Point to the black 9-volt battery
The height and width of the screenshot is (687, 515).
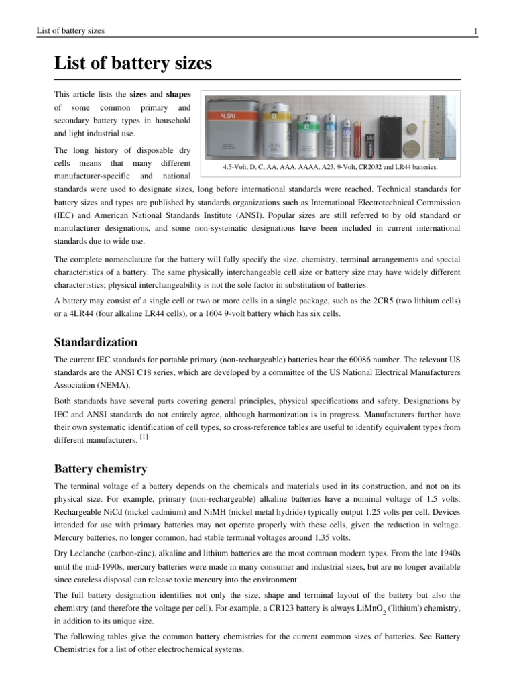point(390,135)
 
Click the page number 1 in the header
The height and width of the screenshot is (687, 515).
point(475,31)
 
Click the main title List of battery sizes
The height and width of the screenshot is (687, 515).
point(133,64)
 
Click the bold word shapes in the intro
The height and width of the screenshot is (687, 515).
point(178,94)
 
